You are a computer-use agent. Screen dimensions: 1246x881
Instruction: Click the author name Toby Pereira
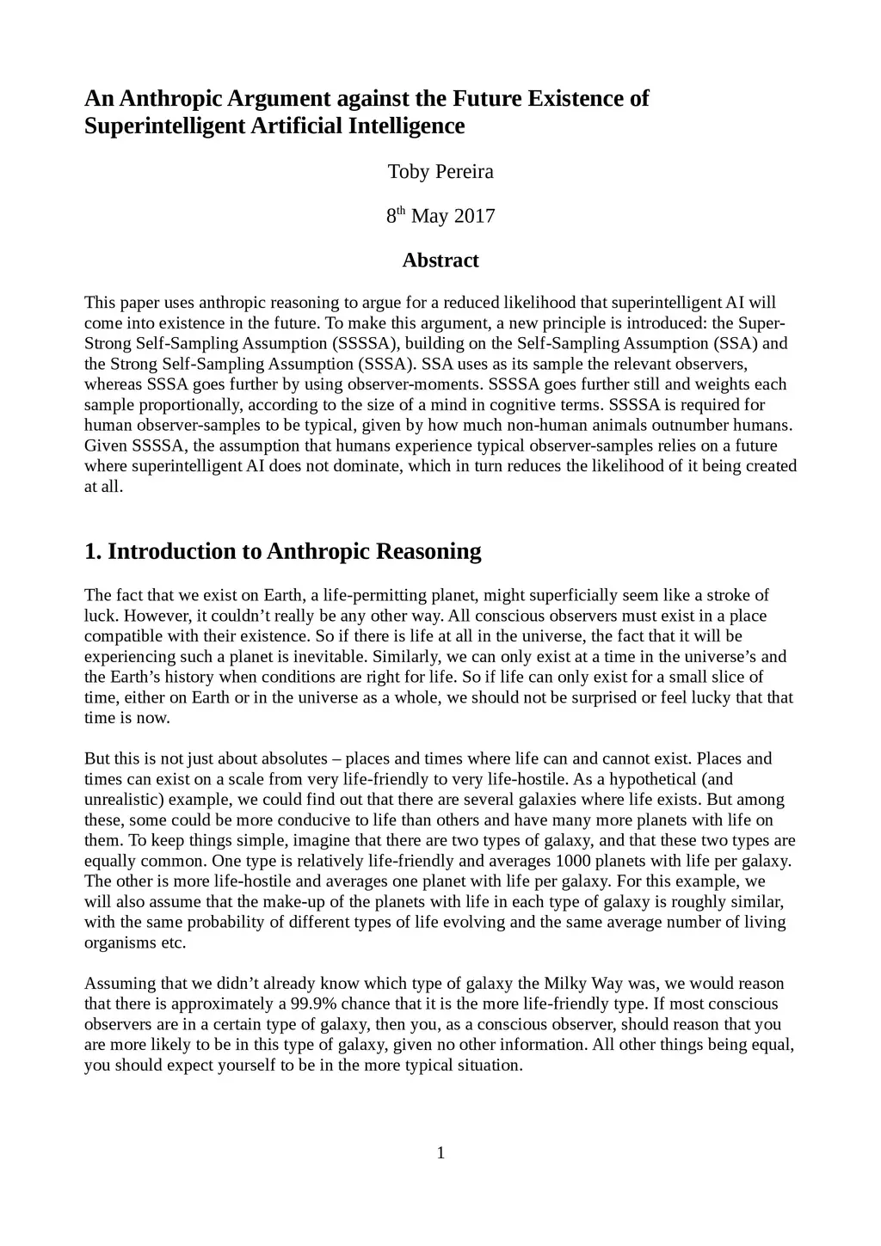pos(440,172)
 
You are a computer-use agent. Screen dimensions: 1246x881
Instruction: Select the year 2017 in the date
pos(474,216)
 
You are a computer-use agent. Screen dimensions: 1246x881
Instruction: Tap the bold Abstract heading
pos(440,261)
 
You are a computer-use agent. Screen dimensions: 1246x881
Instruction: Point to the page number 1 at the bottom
pos(440,1153)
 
